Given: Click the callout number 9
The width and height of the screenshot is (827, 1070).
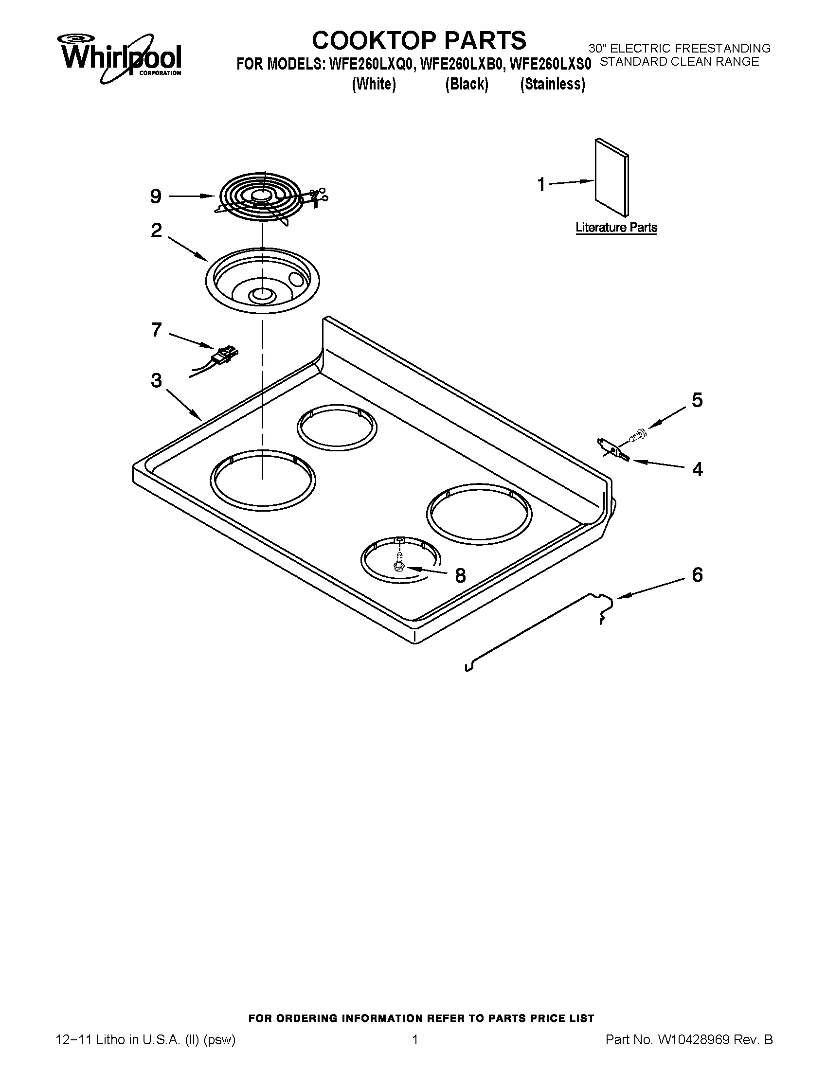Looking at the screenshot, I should [x=156, y=197].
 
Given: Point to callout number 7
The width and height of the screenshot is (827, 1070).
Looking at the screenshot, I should [x=156, y=330].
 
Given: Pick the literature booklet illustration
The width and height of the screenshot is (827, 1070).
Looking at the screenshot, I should [x=611, y=177].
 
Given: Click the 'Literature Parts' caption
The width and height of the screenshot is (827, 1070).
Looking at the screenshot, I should [x=616, y=228].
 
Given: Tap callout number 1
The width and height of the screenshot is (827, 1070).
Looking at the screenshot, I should [x=541, y=185].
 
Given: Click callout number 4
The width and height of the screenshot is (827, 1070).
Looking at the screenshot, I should [x=697, y=469].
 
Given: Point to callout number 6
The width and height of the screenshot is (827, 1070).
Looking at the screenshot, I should [x=697, y=575].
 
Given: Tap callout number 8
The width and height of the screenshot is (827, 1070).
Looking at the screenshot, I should [x=460, y=576].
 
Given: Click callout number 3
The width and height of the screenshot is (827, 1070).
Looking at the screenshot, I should [x=156, y=380].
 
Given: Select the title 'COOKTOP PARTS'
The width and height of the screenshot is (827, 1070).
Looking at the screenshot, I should [x=419, y=40].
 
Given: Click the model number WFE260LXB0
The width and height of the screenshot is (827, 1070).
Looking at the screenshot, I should [x=462, y=64].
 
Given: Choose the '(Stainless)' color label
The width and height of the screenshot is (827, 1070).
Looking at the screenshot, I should [x=552, y=85].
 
